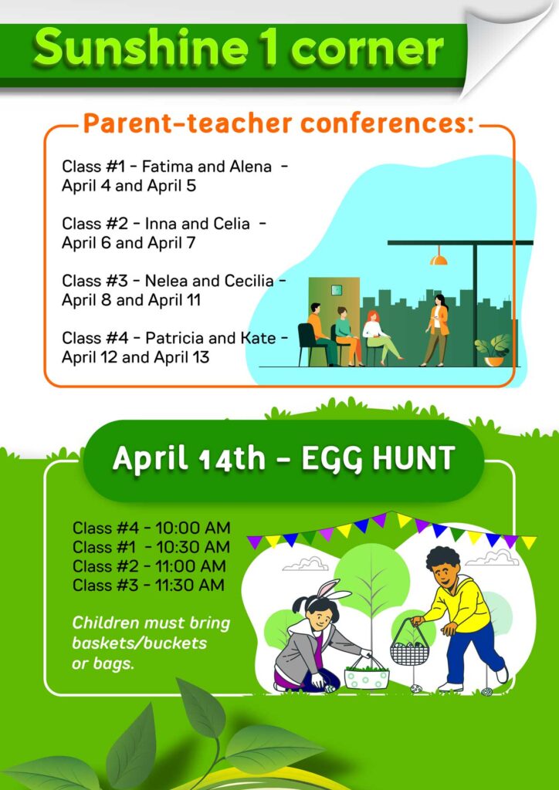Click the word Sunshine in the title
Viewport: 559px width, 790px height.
coord(134,48)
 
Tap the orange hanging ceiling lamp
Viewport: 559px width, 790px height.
coord(439,259)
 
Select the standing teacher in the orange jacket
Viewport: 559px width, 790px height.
coord(437,329)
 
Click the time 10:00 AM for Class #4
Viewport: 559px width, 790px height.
coord(193,528)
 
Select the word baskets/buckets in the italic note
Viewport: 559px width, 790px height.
coord(140,643)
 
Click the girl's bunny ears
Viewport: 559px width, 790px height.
coord(333,590)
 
